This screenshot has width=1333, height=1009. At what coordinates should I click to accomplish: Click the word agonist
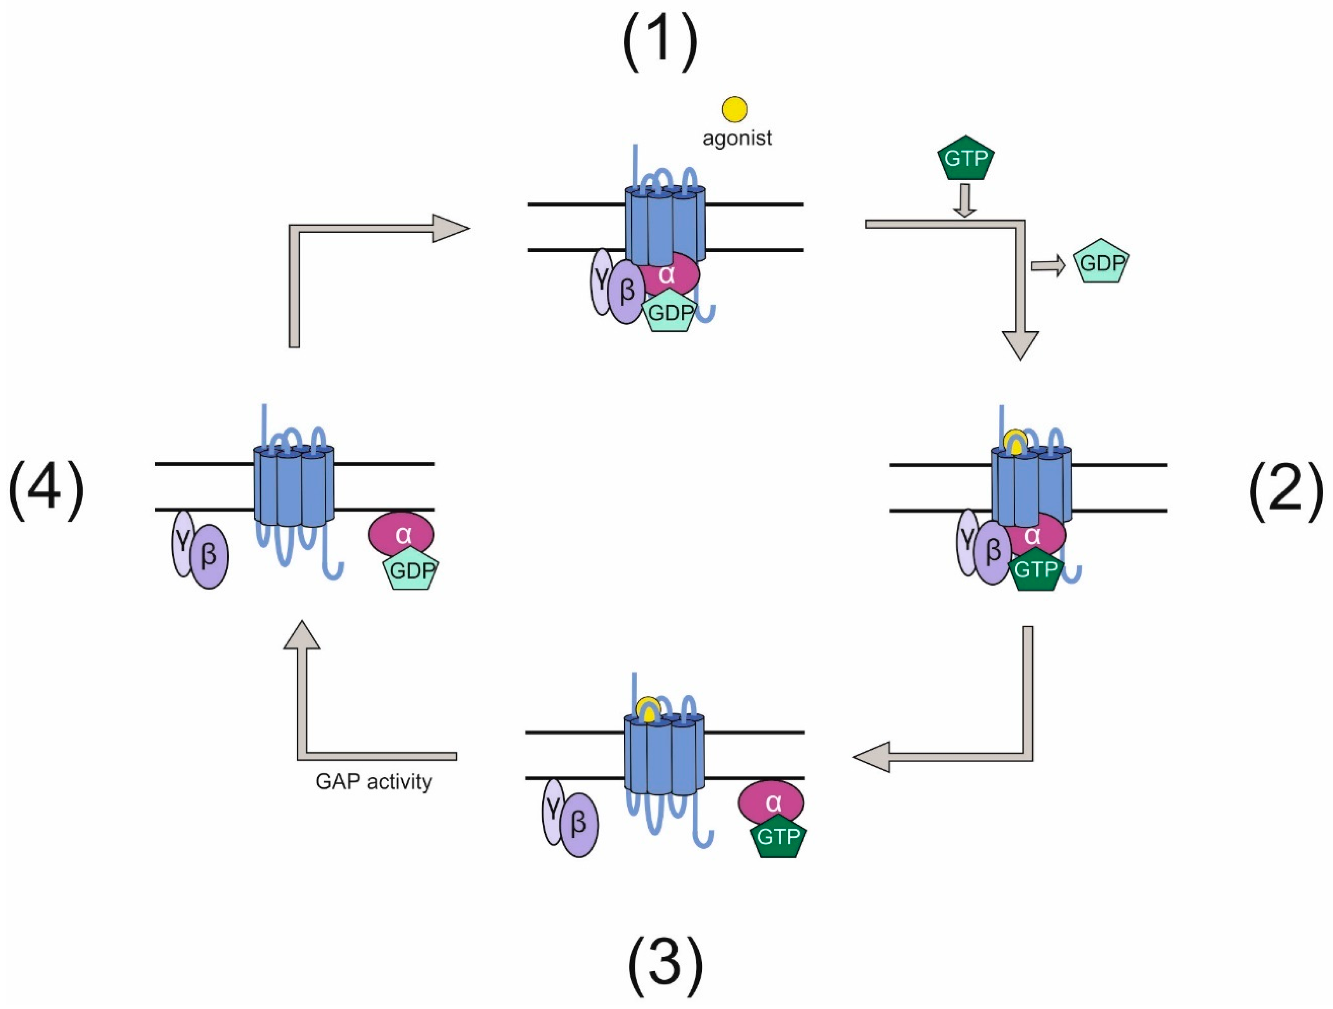[737, 138]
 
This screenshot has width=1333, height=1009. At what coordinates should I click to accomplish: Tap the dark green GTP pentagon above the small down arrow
[966, 159]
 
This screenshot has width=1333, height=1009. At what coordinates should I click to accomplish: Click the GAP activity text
[374, 782]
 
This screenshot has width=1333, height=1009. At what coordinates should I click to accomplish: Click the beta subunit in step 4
[209, 556]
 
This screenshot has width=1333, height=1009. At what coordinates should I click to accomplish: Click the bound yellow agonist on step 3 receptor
[648, 709]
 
